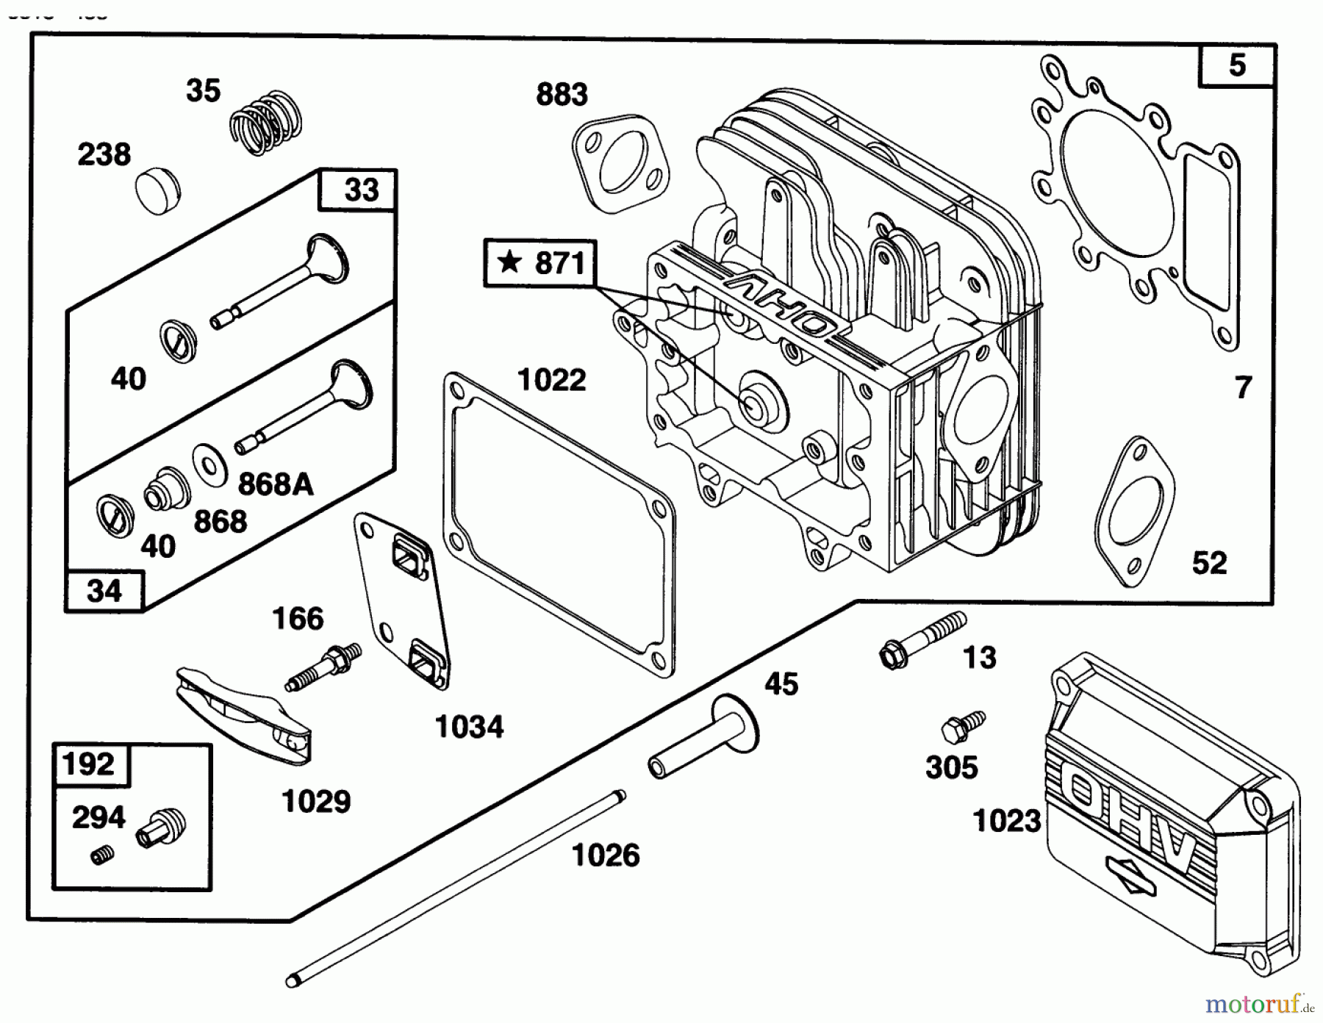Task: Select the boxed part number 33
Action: [x=359, y=190]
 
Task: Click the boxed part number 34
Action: [x=104, y=591]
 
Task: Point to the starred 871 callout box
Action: [x=540, y=263]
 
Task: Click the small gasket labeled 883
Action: [x=621, y=163]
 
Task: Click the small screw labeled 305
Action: [x=962, y=725]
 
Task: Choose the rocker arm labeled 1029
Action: [x=243, y=714]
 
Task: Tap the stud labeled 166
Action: [x=323, y=667]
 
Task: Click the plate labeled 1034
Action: [x=403, y=603]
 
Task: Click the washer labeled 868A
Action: [x=210, y=464]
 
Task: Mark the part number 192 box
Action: [x=88, y=765]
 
